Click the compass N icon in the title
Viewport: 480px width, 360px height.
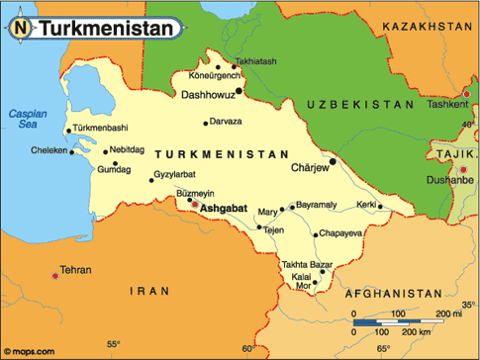click(x=21, y=28)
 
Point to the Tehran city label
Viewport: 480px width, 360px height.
click(x=75, y=269)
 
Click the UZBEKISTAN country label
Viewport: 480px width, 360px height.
click(x=359, y=104)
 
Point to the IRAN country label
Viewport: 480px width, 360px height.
click(x=151, y=291)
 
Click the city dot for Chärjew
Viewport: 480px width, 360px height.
click(x=333, y=161)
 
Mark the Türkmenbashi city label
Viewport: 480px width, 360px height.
click(x=102, y=129)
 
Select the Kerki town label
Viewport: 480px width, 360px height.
click(x=367, y=204)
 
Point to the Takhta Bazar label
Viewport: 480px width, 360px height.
click(x=307, y=266)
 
